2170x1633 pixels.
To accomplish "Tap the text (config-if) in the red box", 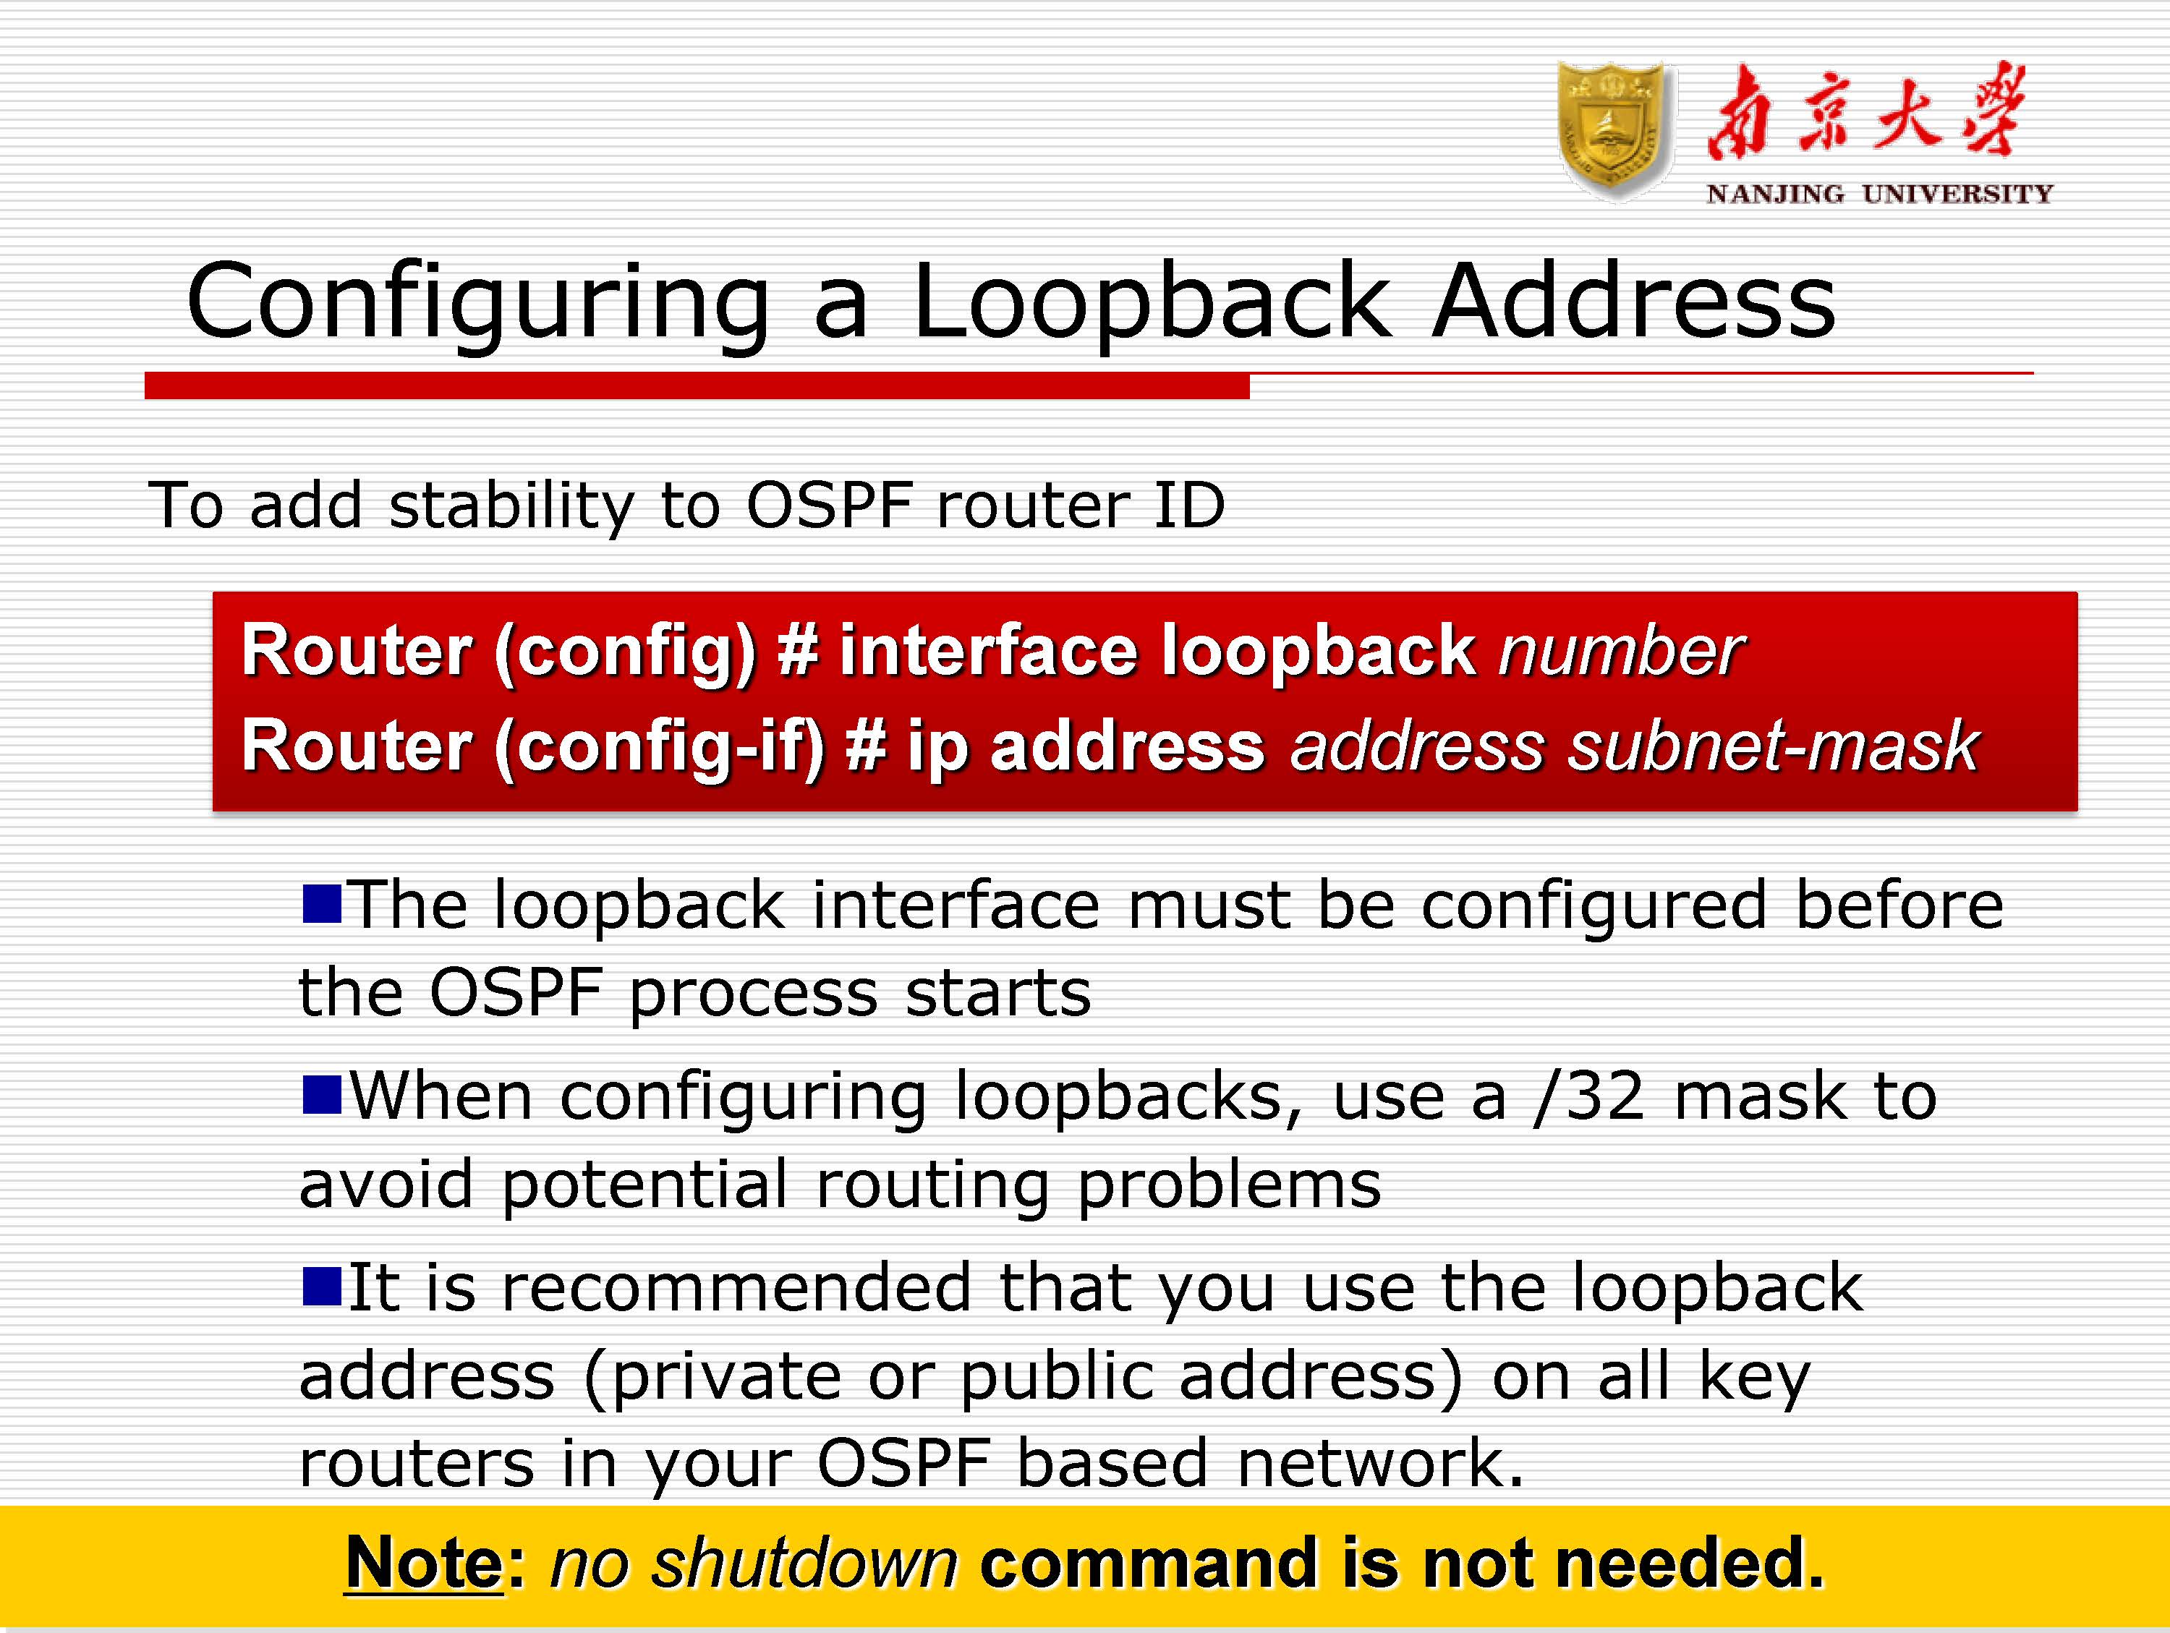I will coord(659,747).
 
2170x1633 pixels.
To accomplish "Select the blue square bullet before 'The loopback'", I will coord(322,903).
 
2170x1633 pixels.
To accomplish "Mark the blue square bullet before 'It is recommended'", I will coord(322,1287).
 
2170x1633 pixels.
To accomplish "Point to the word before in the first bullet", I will coord(1899,904).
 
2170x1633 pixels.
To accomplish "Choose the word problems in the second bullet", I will coord(1229,1185).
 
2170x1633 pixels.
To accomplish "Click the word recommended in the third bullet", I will coord(736,1288).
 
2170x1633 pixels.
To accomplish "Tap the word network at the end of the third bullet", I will coord(1369,1463).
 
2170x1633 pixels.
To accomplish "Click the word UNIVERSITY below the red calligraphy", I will coord(1957,195).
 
